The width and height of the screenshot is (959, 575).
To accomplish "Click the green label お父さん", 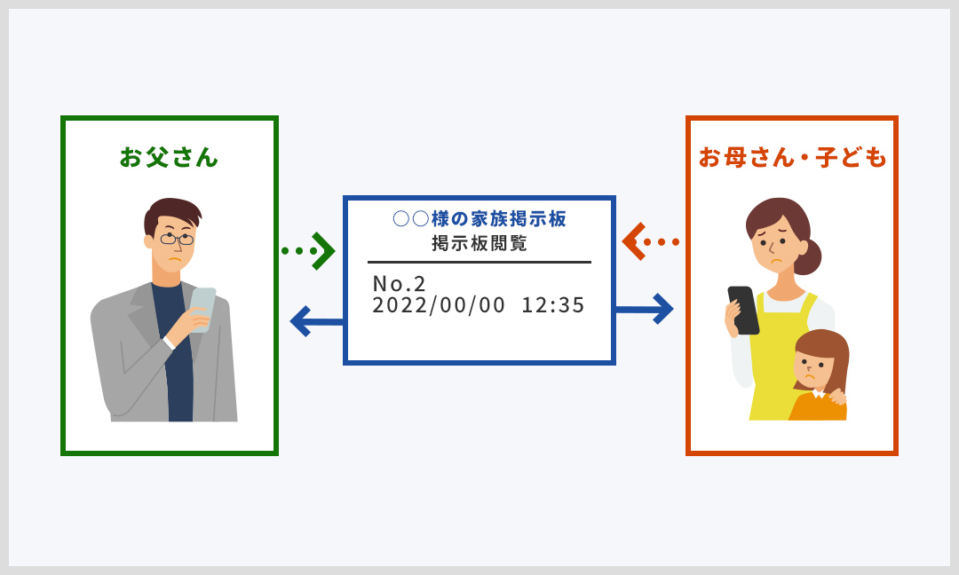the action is (x=169, y=158).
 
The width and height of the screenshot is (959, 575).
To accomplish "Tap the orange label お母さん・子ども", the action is (x=792, y=158).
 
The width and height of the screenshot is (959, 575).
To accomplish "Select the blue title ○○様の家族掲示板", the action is (x=479, y=218).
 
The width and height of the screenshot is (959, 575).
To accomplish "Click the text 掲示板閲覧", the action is (x=479, y=243).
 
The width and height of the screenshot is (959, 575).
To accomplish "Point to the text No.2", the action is (x=399, y=284).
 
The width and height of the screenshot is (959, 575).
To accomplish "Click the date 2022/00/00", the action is (x=439, y=305).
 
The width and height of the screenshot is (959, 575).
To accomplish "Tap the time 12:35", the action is (x=553, y=305).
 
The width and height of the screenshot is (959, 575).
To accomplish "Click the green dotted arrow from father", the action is (x=308, y=250).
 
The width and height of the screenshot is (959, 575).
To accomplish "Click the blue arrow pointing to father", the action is (x=316, y=321).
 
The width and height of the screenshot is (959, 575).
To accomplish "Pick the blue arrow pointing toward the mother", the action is (x=645, y=309).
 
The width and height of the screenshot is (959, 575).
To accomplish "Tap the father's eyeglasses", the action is (x=177, y=239).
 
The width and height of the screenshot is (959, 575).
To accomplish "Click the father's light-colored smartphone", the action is (x=202, y=309).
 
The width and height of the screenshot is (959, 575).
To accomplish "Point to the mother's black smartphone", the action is (x=743, y=310).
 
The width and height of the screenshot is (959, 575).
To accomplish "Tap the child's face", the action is (x=809, y=369).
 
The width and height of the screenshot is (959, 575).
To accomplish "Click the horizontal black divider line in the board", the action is (x=479, y=262).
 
